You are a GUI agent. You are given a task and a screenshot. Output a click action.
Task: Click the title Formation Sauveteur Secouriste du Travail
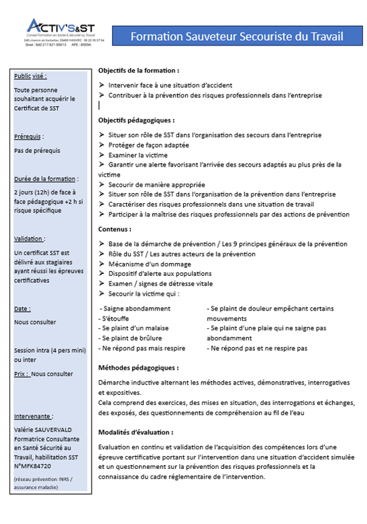pos(234,35)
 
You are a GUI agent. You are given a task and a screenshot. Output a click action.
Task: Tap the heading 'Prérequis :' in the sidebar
pos(28,137)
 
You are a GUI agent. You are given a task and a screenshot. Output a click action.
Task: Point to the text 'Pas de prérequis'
pos(36,151)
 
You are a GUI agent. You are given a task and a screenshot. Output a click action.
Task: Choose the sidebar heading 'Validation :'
pos(30,239)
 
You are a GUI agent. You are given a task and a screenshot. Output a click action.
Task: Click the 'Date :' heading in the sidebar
pos(22,309)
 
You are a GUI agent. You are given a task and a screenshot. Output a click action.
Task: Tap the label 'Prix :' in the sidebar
pos(22,374)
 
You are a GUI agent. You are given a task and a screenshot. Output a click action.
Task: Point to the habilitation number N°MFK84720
pos(31,465)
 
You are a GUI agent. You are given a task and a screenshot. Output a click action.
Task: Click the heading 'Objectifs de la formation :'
pos(138,71)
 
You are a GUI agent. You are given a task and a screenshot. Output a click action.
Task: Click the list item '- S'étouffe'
pos(113,318)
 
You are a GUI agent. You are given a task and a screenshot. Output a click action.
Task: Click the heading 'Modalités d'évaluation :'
pos(135,432)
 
